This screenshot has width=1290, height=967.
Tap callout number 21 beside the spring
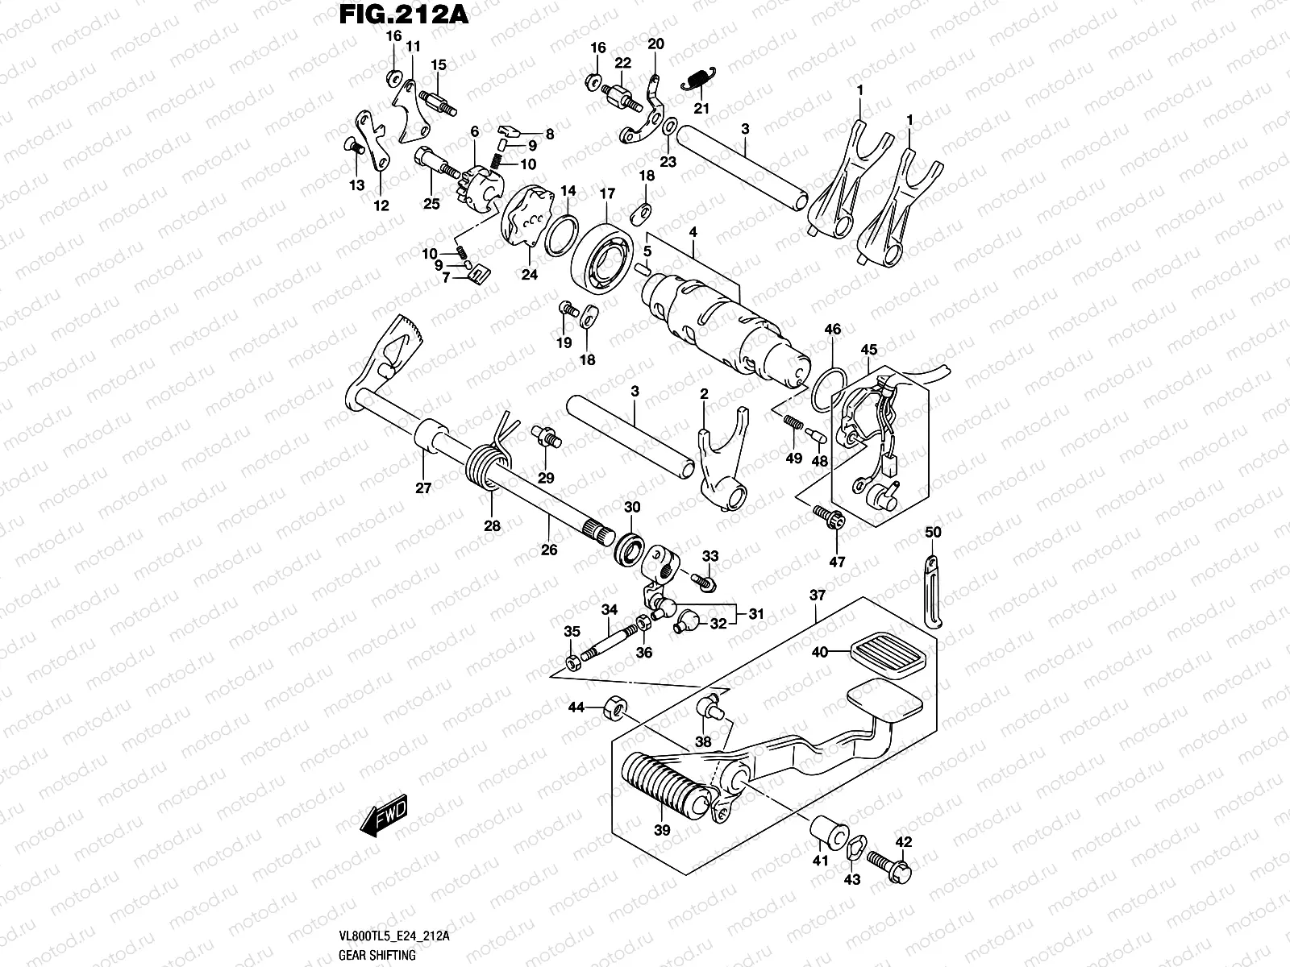(701, 109)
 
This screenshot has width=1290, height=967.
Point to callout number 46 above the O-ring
(833, 329)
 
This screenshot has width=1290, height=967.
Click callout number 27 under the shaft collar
(424, 487)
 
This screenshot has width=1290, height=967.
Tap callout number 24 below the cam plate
(529, 274)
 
